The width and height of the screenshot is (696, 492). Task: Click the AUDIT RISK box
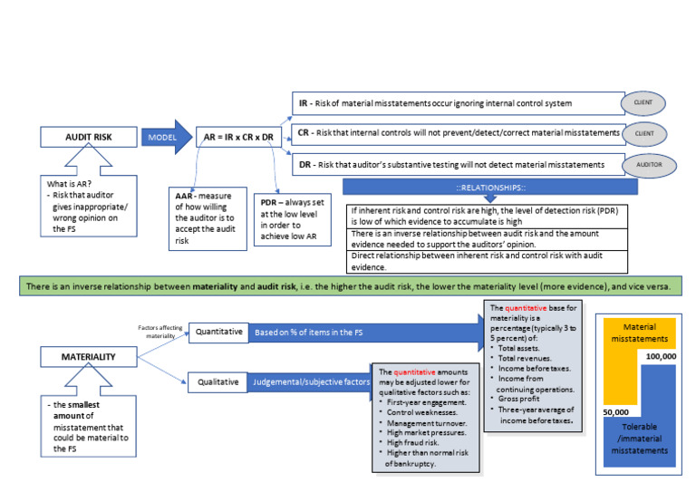89,138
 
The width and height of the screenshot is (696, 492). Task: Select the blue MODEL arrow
164,138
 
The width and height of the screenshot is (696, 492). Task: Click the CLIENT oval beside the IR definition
643,103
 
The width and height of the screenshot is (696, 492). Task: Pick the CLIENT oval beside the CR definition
644,133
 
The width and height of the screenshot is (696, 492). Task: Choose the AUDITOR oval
644,165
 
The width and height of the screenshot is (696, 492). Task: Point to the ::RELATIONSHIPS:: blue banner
492,188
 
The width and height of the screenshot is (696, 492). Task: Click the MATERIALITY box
88,357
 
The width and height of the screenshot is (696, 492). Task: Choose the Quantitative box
220,333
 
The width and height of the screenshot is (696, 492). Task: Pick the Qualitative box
217,382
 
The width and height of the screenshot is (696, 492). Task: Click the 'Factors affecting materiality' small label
160,332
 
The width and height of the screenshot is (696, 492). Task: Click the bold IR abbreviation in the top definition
304,103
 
